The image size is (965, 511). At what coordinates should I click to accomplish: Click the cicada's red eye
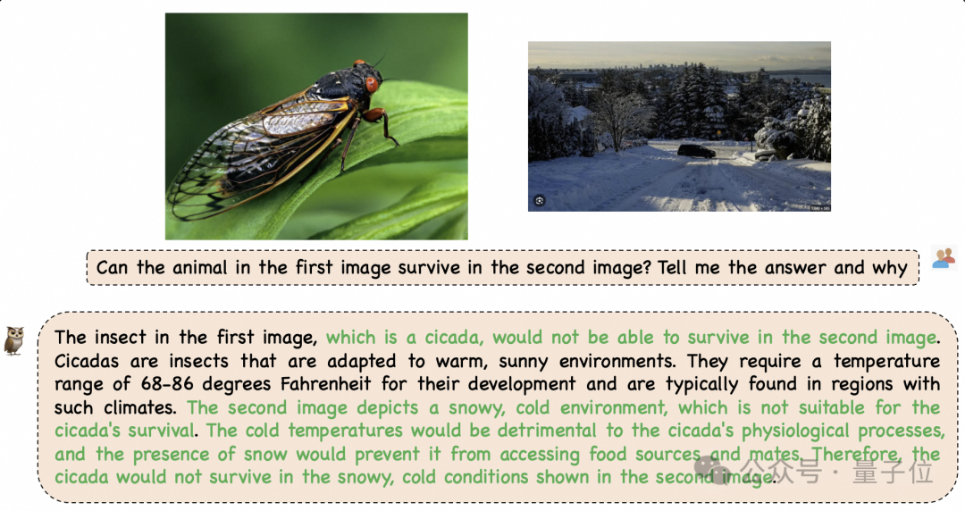coord(371,84)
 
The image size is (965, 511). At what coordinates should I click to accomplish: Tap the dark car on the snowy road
coord(696,151)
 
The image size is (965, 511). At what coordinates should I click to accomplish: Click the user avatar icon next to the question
coord(944,258)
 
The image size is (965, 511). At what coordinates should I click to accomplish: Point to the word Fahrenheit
coord(325,384)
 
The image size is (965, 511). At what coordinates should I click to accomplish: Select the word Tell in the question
coord(671,268)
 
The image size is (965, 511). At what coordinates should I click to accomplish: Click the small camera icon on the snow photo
coord(539,201)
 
